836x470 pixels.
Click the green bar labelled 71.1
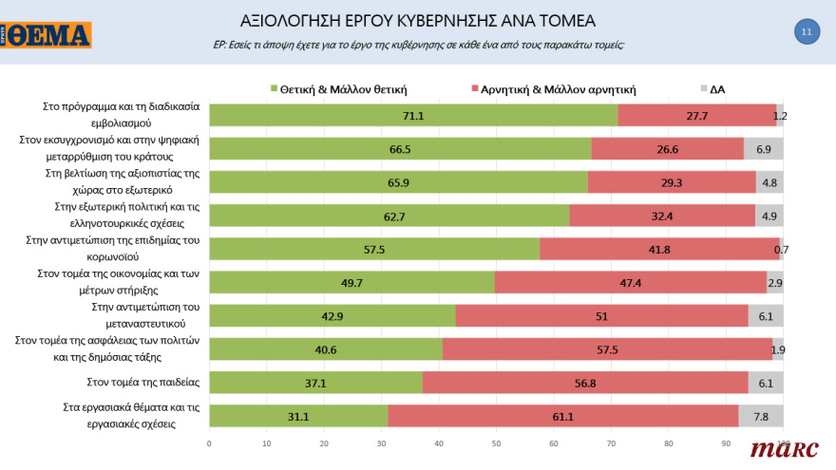click(x=413, y=116)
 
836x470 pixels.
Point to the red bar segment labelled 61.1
click(x=562, y=416)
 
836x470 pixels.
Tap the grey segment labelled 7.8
click(x=761, y=416)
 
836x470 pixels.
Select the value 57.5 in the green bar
click(x=373, y=250)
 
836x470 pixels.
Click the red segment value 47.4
click(x=630, y=283)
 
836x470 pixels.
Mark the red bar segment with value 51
click(x=601, y=316)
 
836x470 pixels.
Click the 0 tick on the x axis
click(x=209, y=442)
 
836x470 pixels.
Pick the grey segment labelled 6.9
click(x=764, y=149)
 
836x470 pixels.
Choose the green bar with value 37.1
click(x=315, y=383)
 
